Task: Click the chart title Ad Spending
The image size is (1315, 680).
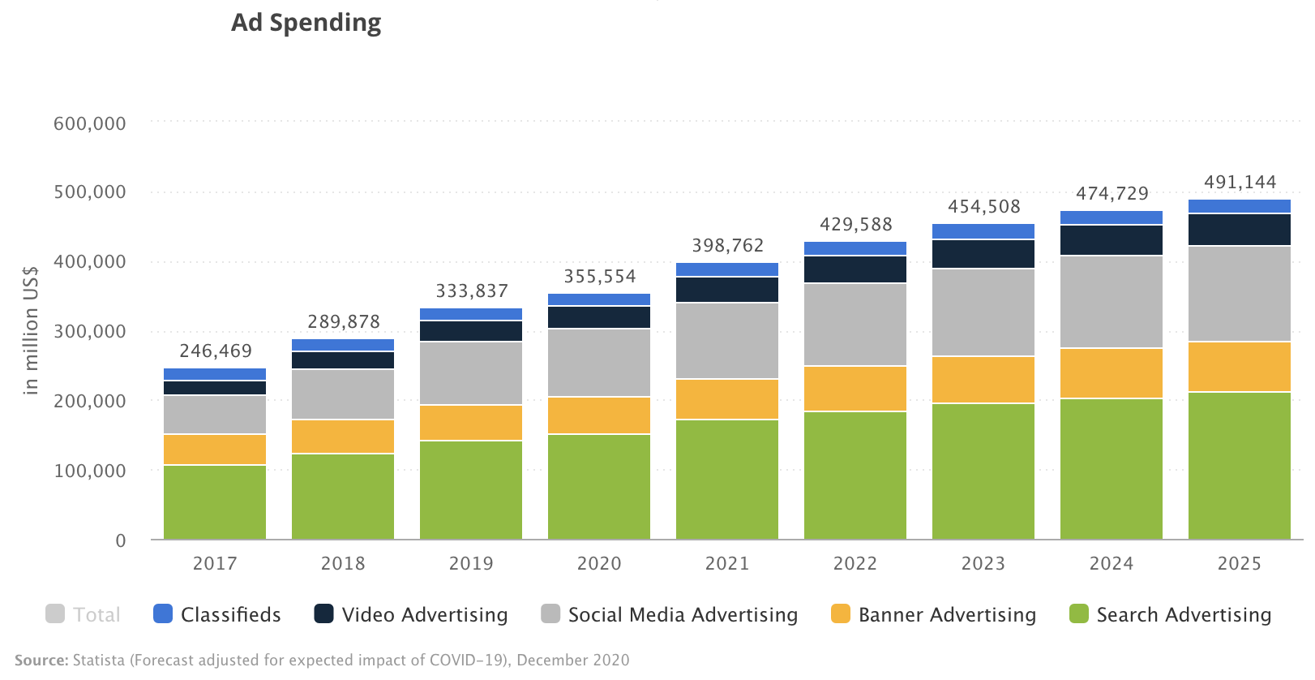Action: (x=306, y=23)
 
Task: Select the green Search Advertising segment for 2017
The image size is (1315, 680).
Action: (x=215, y=502)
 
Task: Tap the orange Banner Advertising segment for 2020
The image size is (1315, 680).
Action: (x=599, y=415)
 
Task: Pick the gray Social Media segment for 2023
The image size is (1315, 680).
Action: (x=983, y=312)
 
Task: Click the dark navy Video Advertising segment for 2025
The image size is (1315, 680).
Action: (x=1240, y=230)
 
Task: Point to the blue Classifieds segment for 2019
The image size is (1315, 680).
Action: (x=471, y=314)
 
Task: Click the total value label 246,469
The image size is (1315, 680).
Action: (x=216, y=351)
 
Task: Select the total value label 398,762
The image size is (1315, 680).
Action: (x=728, y=245)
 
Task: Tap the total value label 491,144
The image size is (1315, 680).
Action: (x=1240, y=183)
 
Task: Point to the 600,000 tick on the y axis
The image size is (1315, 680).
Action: (x=90, y=123)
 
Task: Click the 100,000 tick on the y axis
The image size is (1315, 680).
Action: (x=90, y=471)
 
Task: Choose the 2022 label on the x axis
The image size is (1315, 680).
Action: (x=855, y=564)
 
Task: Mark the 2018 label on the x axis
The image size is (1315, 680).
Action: (x=343, y=564)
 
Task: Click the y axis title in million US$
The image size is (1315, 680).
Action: (x=31, y=330)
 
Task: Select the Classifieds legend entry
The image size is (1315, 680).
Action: (x=217, y=614)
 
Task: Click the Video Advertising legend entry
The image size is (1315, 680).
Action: (x=411, y=614)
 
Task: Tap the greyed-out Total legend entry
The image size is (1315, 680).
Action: (x=83, y=614)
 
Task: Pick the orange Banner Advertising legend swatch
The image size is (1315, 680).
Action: (x=841, y=613)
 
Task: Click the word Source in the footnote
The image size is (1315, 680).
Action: (x=41, y=661)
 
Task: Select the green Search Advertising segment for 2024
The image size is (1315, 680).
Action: (x=1112, y=470)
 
